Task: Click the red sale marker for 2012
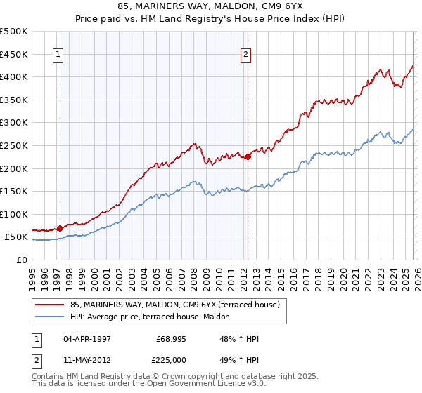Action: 248,157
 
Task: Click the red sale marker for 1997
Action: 60,228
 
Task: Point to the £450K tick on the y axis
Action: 13,54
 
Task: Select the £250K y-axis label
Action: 13,145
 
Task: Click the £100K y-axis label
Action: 13,214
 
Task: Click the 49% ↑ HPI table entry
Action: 239,361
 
